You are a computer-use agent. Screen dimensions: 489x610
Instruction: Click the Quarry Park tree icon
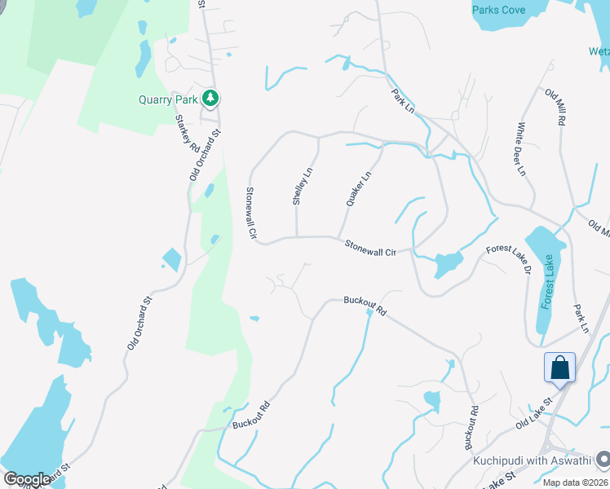[211, 98]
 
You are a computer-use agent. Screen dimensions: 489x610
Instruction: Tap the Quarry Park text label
[168, 100]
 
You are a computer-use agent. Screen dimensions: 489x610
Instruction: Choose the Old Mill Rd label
[555, 106]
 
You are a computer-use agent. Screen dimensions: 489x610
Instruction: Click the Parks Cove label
[498, 10]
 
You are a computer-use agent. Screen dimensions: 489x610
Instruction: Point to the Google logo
[27, 479]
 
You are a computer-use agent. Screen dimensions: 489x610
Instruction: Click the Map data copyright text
[575, 482]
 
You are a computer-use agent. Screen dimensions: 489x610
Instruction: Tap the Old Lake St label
[534, 413]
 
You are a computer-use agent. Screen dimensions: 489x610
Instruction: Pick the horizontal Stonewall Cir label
[369, 248]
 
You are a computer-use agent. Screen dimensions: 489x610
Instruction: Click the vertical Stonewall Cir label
[252, 213]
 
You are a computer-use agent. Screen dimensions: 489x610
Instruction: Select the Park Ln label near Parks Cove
[404, 104]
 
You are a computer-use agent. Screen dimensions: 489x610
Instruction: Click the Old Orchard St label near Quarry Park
[205, 155]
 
